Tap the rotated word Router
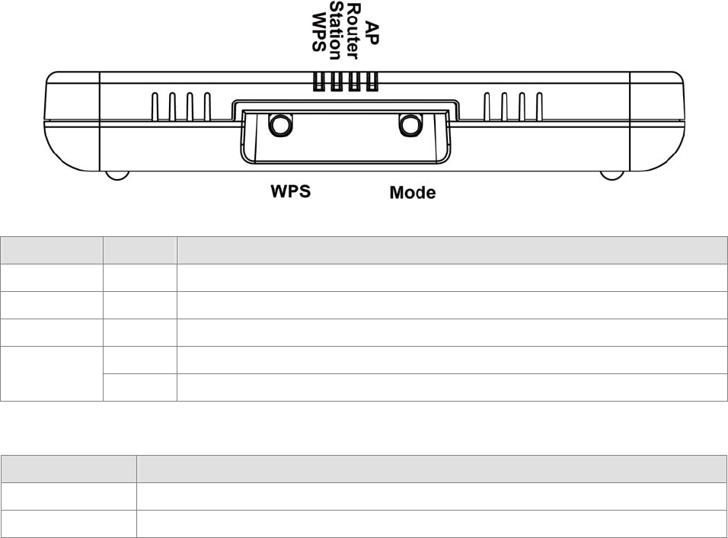pos(354,28)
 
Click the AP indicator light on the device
pos(372,82)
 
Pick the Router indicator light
pos(354,82)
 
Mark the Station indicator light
pos(336,82)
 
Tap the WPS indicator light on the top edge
pos(318,82)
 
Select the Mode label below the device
pos(412,193)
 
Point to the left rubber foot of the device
pos(117,175)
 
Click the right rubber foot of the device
pos(611,175)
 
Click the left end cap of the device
pos(73,122)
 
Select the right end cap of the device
pos(656,122)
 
